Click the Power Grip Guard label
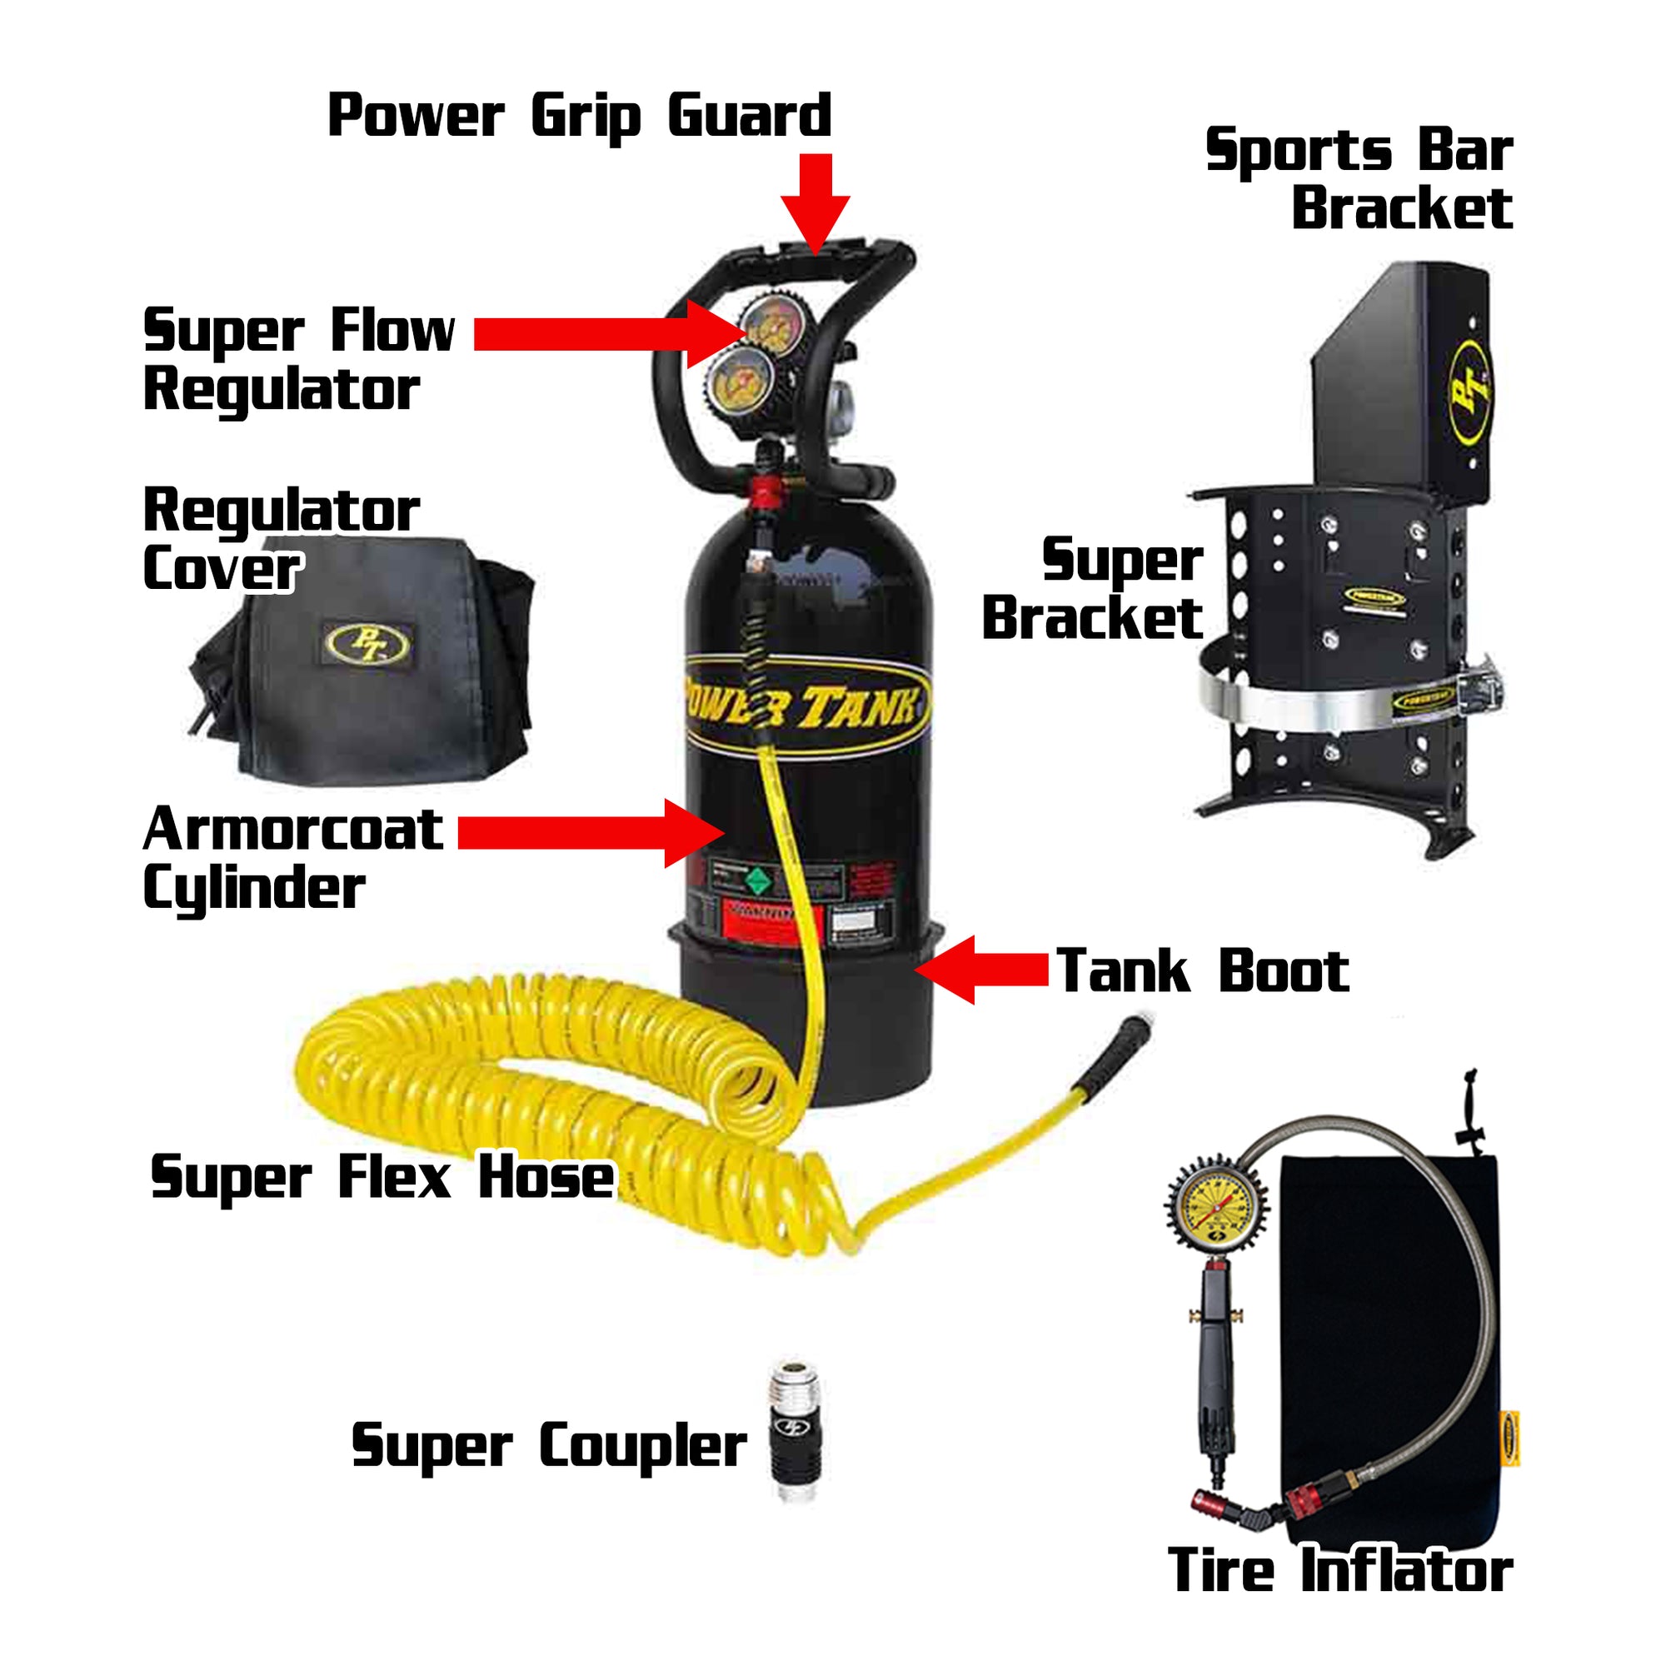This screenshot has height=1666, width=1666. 579,117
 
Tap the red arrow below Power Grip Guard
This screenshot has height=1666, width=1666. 815,202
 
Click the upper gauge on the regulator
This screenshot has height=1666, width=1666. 774,325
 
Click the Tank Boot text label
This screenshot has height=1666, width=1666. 1202,971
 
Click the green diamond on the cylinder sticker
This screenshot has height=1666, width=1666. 757,880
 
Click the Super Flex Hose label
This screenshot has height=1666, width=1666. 382,1177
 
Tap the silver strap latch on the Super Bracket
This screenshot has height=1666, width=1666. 1480,686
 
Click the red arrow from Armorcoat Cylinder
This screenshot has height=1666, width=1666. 591,832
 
